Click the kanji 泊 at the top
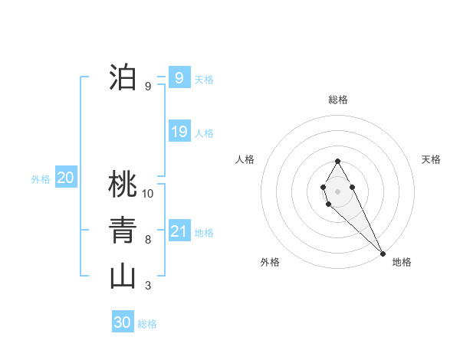(123, 77)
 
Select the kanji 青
(123, 231)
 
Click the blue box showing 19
(179, 131)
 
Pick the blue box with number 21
(179, 231)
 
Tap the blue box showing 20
(65, 178)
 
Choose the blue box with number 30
(123, 322)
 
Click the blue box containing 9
(179, 77)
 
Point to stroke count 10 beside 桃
(148, 194)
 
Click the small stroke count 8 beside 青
(148, 240)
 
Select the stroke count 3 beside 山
(148, 286)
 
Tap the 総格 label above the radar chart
(338, 100)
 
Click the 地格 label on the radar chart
(402, 262)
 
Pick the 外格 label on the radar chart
(270, 262)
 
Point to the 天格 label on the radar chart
(432, 159)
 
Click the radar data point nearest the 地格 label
(383, 253)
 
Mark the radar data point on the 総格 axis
(337, 162)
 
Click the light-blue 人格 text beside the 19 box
(204, 133)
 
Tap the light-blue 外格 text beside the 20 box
(41, 179)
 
